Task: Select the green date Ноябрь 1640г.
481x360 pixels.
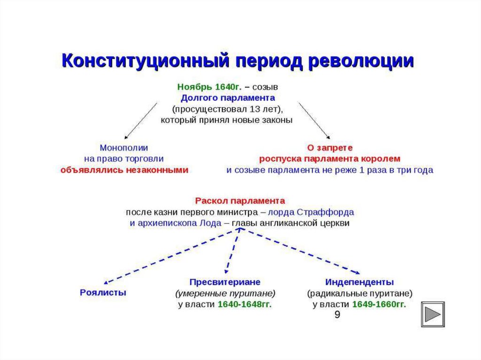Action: [209, 87]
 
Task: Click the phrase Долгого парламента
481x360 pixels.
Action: [228, 98]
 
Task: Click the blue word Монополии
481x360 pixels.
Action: [124, 147]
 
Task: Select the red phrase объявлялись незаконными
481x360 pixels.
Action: [124, 170]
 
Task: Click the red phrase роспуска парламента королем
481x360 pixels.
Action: [330, 159]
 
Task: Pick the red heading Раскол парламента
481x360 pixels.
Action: [240, 200]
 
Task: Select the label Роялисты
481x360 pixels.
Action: [103, 292]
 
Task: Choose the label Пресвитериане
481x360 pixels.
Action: [225, 282]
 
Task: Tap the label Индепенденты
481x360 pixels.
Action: [359, 282]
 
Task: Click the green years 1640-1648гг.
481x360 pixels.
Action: [245, 305]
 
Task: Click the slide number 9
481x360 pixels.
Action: [337, 314]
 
